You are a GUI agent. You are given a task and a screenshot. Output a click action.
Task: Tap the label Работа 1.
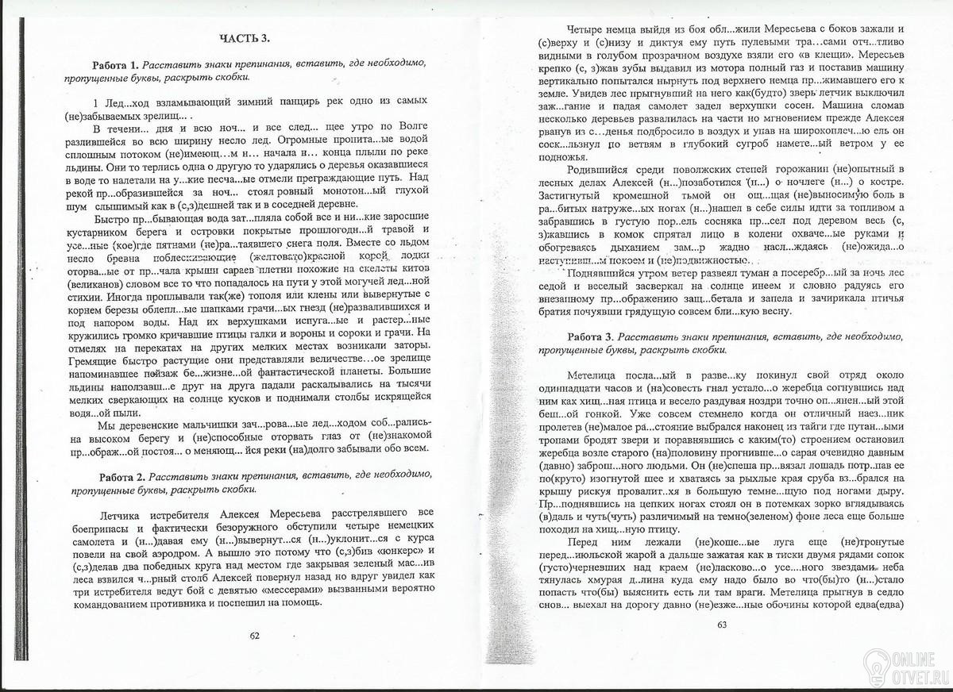[116, 64]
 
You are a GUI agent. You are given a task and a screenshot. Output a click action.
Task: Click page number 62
[254, 635]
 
